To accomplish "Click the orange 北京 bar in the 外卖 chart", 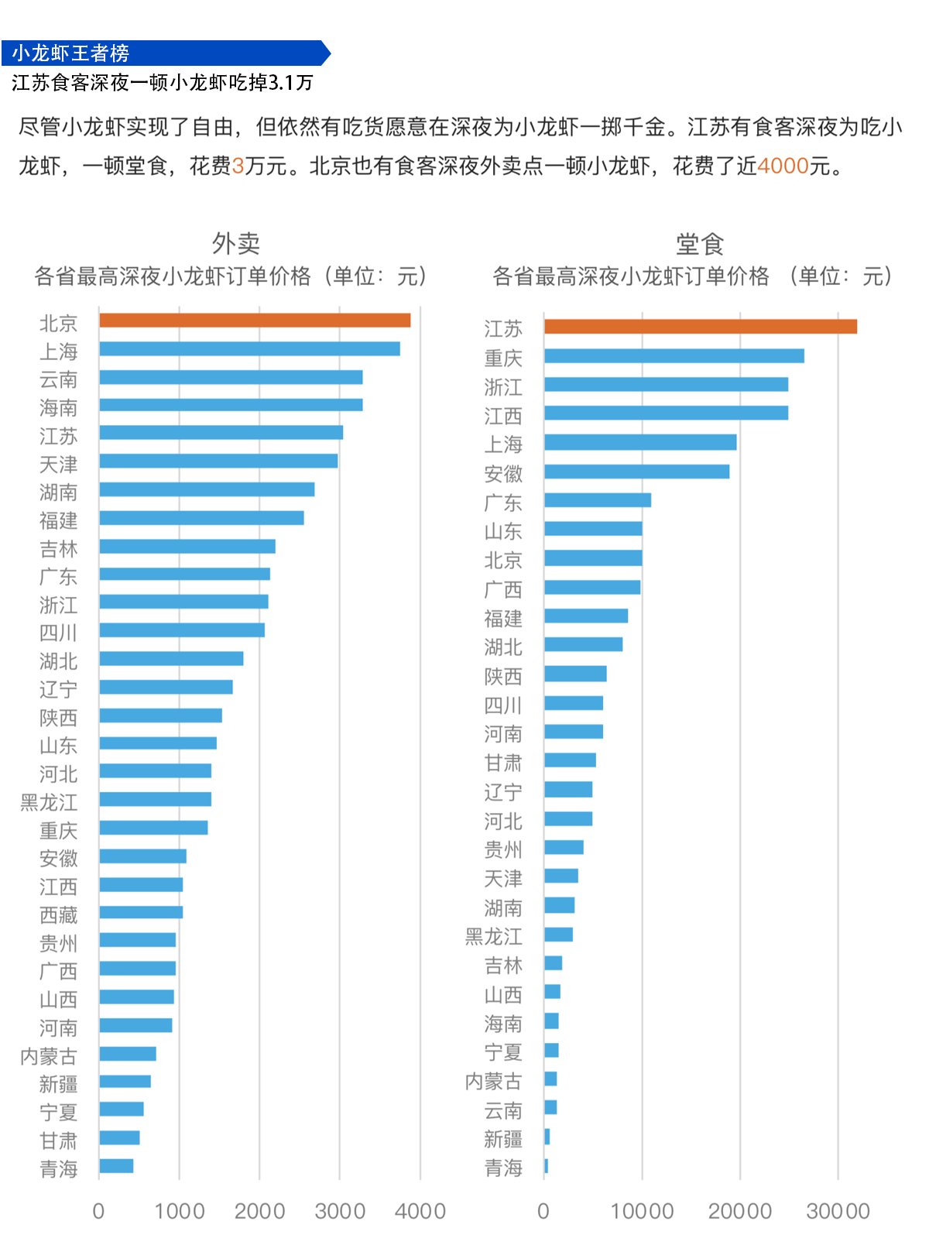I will pyautogui.click(x=255, y=321).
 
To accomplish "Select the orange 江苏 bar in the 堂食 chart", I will pyautogui.click(x=700, y=327).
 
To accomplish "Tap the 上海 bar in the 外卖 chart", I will pyautogui.click(x=249, y=349).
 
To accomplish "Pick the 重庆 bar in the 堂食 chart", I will pyautogui.click(x=674, y=356).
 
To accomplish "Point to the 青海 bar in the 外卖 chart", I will pyautogui.click(x=116, y=1166).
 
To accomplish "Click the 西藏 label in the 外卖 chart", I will pyautogui.click(x=59, y=915).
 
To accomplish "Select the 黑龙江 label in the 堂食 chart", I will pyautogui.click(x=494, y=937).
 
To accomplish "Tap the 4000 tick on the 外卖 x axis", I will pyautogui.click(x=420, y=1211).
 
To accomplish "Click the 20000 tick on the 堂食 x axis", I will pyautogui.click(x=740, y=1211).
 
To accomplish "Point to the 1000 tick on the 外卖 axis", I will pyautogui.click(x=180, y=1211).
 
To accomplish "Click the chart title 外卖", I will pyautogui.click(x=236, y=244).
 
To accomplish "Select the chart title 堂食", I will pyautogui.click(x=700, y=244).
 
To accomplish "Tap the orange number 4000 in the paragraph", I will pyautogui.click(x=783, y=166).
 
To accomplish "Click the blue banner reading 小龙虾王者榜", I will pyautogui.click(x=166, y=53).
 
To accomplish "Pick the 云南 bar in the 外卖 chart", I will pyautogui.click(x=231, y=377).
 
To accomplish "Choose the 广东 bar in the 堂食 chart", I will pyautogui.click(x=597, y=500).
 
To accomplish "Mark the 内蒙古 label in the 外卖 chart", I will pyautogui.click(x=49, y=1056).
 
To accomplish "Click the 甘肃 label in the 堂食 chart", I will pyautogui.click(x=503, y=763).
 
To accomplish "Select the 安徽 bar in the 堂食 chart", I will pyautogui.click(x=636, y=472).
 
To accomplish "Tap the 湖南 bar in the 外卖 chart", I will pyautogui.click(x=207, y=489).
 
